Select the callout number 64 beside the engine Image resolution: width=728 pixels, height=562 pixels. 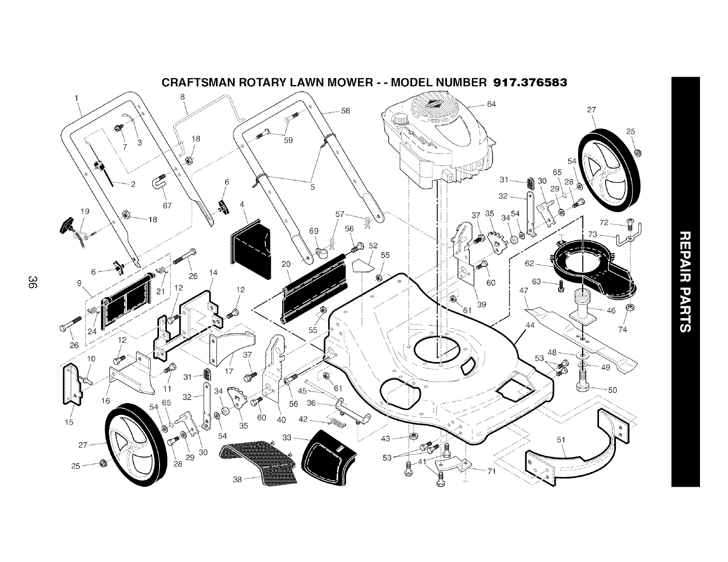[x=491, y=104]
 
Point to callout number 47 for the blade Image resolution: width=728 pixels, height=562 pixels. [x=523, y=291]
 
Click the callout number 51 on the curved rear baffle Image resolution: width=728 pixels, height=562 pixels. [x=561, y=440]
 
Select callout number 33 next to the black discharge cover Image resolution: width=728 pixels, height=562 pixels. [x=287, y=438]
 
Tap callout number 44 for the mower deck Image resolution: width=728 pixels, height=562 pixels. [x=530, y=325]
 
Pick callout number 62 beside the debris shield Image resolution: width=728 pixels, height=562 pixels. [x=529, y=264]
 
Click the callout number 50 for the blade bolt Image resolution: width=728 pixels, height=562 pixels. [x=612, y=390]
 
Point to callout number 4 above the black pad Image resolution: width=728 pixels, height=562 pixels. [x=242, y=204]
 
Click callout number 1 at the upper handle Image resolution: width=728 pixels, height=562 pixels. [x=76, y=97]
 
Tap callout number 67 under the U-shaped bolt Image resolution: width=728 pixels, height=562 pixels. [x=167, y=206]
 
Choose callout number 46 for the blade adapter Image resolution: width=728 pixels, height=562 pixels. [x=611, y=311]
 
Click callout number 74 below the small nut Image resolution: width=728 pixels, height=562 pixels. [x=623, y=330]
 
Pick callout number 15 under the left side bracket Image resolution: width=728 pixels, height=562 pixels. [x=68, y=422]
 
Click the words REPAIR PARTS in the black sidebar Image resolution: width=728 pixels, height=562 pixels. [x=685, y=281]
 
